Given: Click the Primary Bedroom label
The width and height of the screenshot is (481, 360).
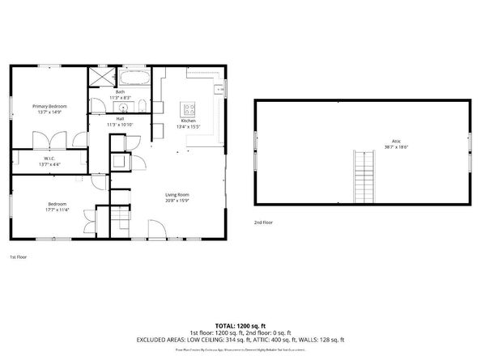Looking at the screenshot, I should point(49,106).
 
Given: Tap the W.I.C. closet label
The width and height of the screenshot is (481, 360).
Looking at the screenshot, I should point(49,159).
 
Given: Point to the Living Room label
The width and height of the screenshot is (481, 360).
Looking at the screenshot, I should point(177,195).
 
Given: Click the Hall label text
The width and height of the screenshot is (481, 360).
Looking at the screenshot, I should point(120,119).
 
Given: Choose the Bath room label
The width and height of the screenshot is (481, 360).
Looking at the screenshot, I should point(120,92).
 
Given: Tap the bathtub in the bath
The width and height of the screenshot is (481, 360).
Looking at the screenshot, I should point(134,78).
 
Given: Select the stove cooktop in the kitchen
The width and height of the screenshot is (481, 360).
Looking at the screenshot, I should point(189,108).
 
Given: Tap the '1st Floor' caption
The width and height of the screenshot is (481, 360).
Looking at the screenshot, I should point(19,256).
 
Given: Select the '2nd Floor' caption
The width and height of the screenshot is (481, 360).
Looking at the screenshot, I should point(264,221).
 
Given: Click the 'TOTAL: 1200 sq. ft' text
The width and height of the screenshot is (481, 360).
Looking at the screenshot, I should point(240,324).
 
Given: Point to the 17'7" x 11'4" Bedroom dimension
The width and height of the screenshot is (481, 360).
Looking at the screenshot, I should point(57,209).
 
